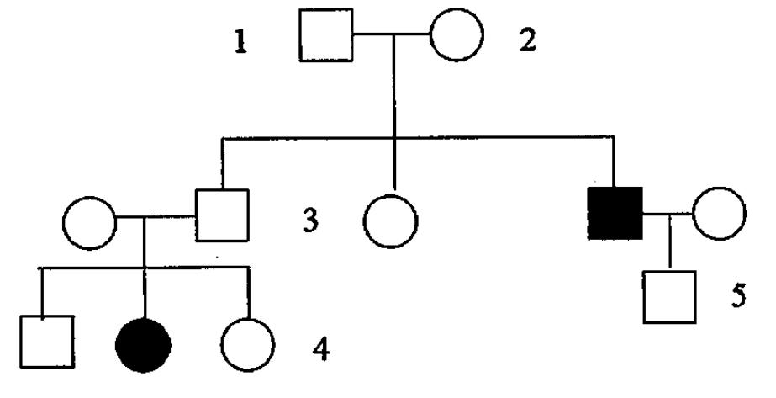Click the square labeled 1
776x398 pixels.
(x=325, y=38)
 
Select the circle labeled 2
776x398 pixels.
(x=457, y=38)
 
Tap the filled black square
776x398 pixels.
(x=615, y=213)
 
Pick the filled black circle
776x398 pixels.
(x=144, y=344)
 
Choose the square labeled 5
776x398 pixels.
(x=669, y=298)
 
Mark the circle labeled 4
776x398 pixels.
(x=249, y=344)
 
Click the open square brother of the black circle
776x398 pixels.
(x=46, y=342)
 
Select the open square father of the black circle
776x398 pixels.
(x=223, y=214)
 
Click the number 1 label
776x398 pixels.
(x=241, y=42)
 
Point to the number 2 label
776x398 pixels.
(x=527, y=40)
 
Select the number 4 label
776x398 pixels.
(x=319, y=348)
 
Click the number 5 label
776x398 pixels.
(x=737, y=298)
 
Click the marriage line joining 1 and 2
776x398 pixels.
(x=391, y=36)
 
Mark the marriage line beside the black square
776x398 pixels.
(x=668, y=213)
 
